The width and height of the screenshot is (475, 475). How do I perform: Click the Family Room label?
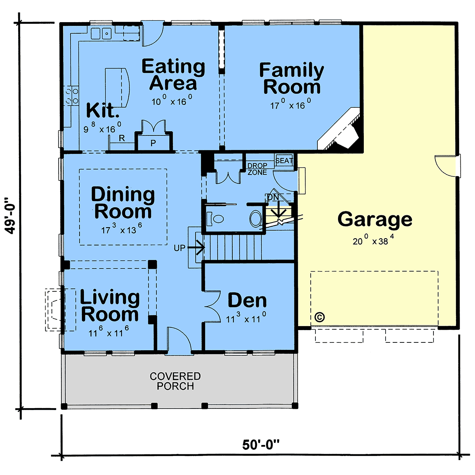click(292, 78)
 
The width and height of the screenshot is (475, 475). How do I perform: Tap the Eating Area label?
click(173, 74)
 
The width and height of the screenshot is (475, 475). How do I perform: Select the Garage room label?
click(375, 219)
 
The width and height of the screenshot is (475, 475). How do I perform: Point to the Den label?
click(247, 300)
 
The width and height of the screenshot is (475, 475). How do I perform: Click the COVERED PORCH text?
click(175, 381)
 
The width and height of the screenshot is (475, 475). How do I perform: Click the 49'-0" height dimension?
click(10, 215)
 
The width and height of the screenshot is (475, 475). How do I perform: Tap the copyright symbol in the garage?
click(320, 317)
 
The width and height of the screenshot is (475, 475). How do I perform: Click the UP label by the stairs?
click(179, 248)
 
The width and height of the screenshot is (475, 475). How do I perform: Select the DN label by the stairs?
click(273, 197)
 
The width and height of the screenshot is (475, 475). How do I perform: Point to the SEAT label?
click(284, 161)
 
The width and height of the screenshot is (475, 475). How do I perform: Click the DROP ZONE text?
click(257, 169)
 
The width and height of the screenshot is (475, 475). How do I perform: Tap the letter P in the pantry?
click(153, 143)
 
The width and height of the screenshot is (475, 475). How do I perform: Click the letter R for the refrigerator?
click(122, 138)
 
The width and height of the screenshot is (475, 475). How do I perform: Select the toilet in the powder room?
click(215, 218)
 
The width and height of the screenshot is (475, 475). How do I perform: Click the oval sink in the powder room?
click(256, 218)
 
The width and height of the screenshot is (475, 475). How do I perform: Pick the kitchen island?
click(117, 87)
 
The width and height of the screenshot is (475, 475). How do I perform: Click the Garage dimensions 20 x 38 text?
click(373, 240)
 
